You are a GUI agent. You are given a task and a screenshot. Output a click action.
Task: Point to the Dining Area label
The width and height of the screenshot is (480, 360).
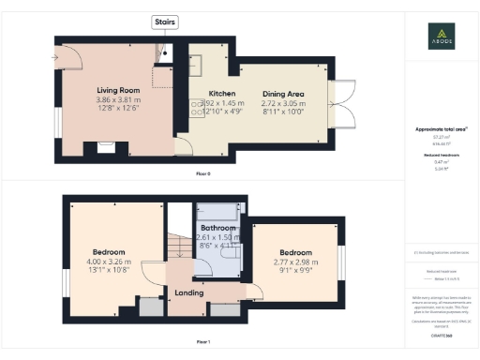281,95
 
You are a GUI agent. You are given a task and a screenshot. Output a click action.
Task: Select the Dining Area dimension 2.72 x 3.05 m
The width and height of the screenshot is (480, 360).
281,103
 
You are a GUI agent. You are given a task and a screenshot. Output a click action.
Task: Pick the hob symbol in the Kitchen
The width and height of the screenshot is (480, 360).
198,109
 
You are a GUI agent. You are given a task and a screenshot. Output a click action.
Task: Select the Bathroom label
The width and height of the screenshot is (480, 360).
217,228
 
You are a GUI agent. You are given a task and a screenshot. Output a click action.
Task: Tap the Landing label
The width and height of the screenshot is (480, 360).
190,292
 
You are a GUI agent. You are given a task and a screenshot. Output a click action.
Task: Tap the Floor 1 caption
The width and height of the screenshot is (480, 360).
203,342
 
